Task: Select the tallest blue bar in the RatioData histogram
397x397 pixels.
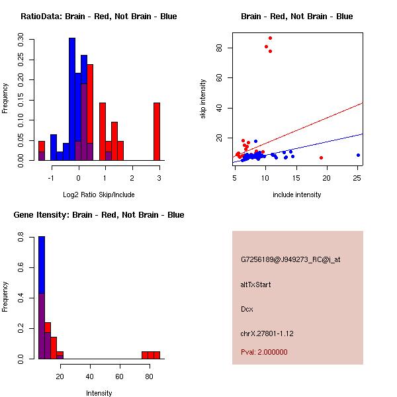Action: click(x=72, y=99)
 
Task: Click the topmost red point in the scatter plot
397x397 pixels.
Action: click(x=270, y=38)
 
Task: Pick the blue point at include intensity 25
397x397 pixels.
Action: click(x=358, y=155)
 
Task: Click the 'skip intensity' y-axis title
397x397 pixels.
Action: click(x=203, y=99)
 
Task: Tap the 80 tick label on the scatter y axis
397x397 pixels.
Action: click(x=227, y=48)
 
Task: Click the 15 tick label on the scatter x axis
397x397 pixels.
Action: click(x=296, y=177)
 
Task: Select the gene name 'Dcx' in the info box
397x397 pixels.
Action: click(x=247, y=309)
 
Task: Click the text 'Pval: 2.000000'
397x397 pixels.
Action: click(x=264, y=352)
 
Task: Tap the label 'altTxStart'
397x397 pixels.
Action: click(x=256, y=285)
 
